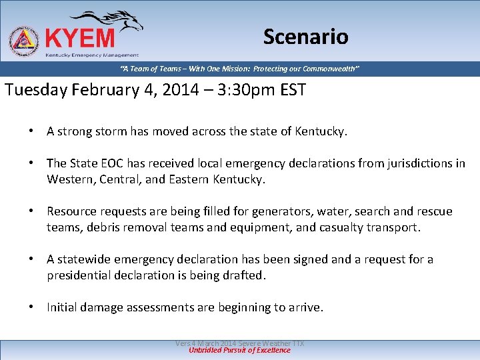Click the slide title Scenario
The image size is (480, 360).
point(305,37)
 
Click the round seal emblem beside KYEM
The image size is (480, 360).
point(24,41)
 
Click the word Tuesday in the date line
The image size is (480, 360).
point(34,90)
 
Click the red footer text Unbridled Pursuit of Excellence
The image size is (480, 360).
point(240,350)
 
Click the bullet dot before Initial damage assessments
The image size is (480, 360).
point(31,307)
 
